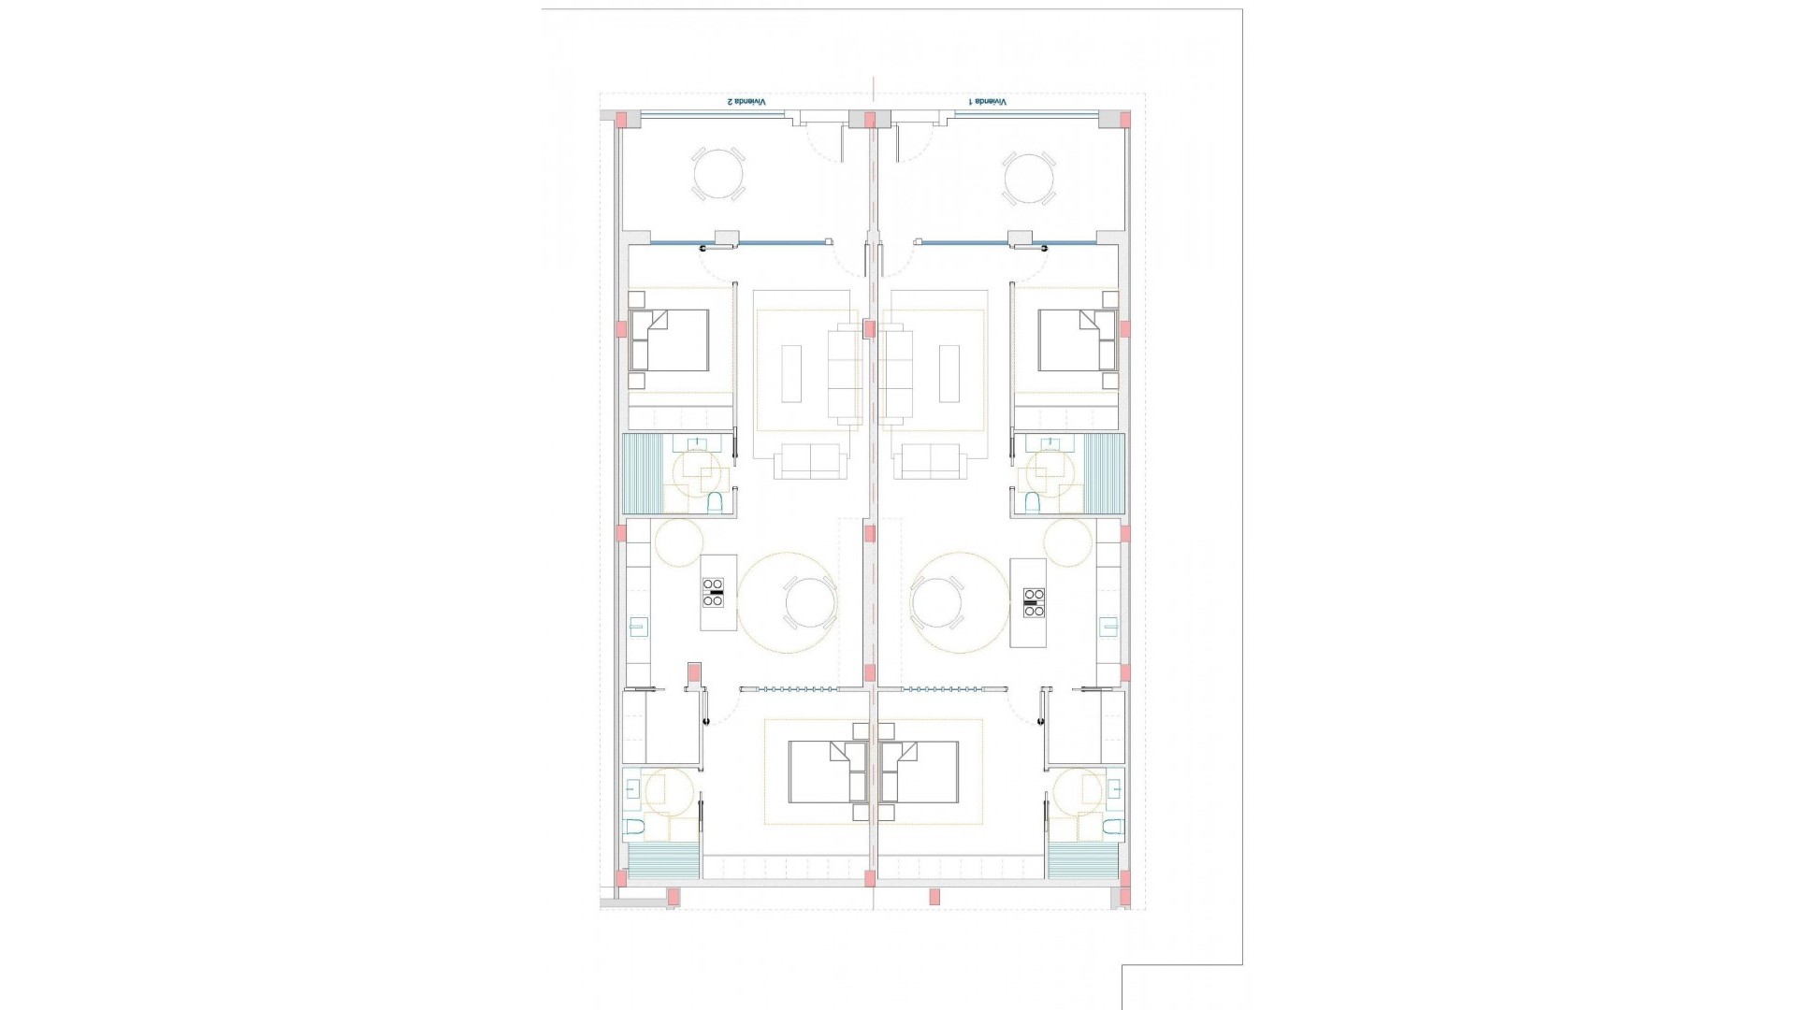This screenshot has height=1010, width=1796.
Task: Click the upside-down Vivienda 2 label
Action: [746, 101]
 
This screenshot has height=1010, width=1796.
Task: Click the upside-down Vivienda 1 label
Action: [988, 101]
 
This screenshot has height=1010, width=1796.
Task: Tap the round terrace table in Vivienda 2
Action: [718, 174]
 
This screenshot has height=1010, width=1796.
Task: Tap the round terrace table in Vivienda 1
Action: [1029, 179]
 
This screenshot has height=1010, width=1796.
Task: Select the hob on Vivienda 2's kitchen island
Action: [714, 593]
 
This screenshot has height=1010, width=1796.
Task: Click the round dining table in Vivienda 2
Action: [810, 602]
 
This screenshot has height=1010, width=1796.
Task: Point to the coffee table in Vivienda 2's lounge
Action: [791, 373]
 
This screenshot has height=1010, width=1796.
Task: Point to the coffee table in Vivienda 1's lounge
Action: [949, 373]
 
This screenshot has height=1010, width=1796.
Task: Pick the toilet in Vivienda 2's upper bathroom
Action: [716, 504]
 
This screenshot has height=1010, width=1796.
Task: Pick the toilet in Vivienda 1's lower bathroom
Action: [1111, 827]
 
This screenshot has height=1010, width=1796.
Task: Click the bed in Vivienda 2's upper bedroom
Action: [670, 340]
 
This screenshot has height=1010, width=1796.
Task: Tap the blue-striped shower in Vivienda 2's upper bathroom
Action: [643, 474]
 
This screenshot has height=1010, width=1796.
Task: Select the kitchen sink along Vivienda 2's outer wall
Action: [640, 626]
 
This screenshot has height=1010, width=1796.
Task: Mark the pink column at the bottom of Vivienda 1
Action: [934, 897]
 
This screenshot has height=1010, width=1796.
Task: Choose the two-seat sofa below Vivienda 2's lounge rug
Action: [809, 462]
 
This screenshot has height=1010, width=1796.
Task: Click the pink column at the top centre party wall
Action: [870, 120]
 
